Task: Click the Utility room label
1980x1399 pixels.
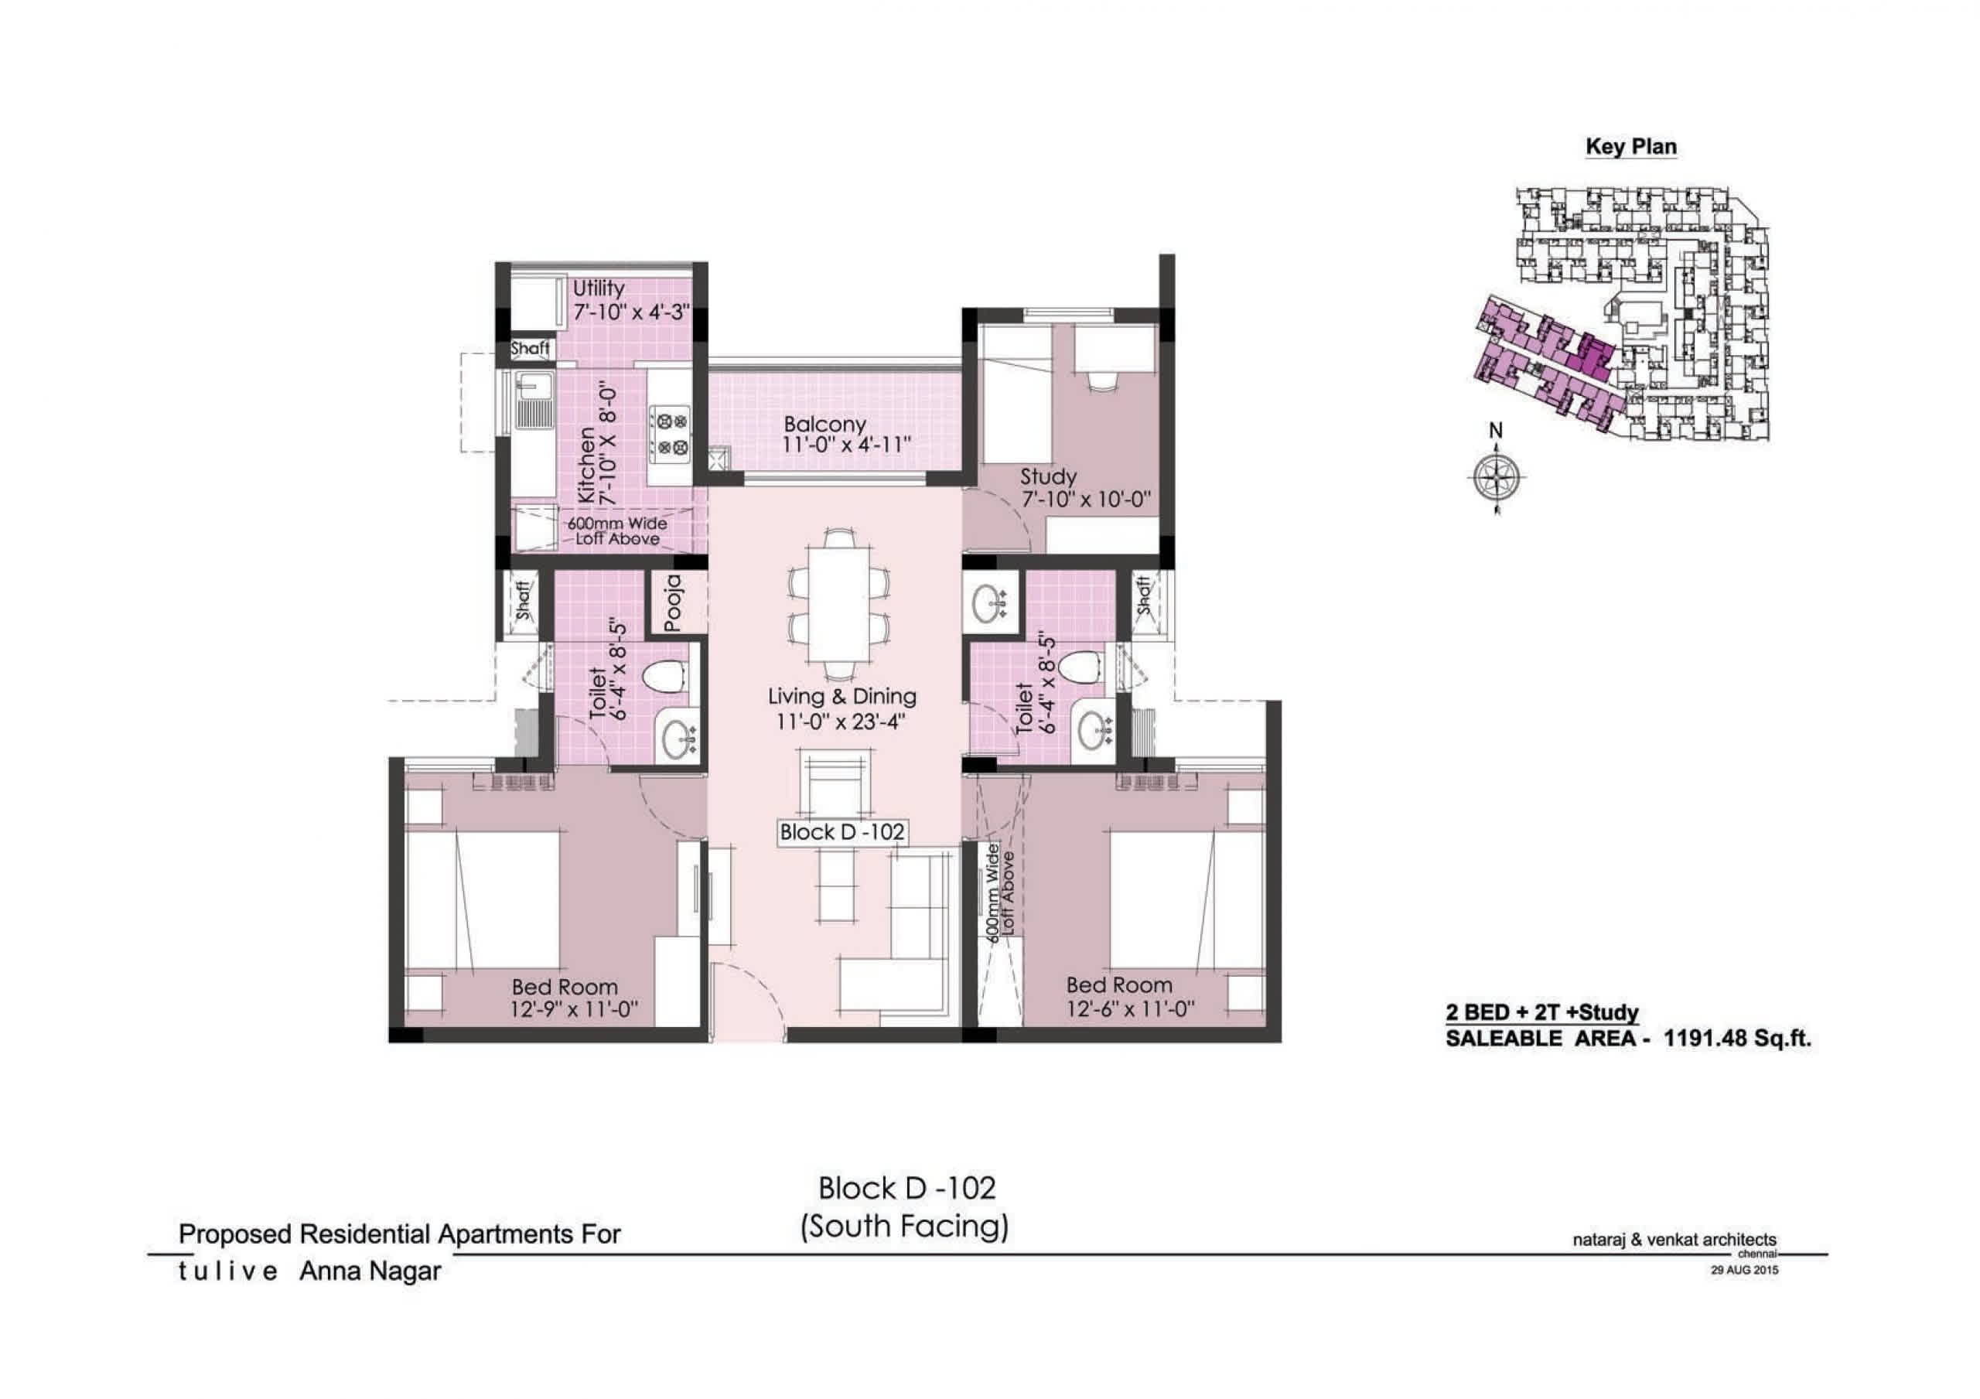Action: tap(599, 288)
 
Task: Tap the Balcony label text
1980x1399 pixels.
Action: tap(824, 425)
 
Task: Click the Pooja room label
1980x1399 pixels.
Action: tap(674, 603)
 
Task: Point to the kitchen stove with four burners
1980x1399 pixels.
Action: tap(670, 435)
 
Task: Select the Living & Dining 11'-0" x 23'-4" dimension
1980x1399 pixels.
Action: tap(840, 721)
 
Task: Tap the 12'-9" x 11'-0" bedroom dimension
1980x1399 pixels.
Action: tap(573, 1008)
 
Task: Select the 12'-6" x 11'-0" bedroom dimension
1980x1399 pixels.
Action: tap(1131, 1007)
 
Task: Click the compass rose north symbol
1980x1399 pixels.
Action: tap(1496, 476)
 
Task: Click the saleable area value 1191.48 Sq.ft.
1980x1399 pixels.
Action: tap(1738, 1039)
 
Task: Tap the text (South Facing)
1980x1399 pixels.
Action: tap(905, 1227)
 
